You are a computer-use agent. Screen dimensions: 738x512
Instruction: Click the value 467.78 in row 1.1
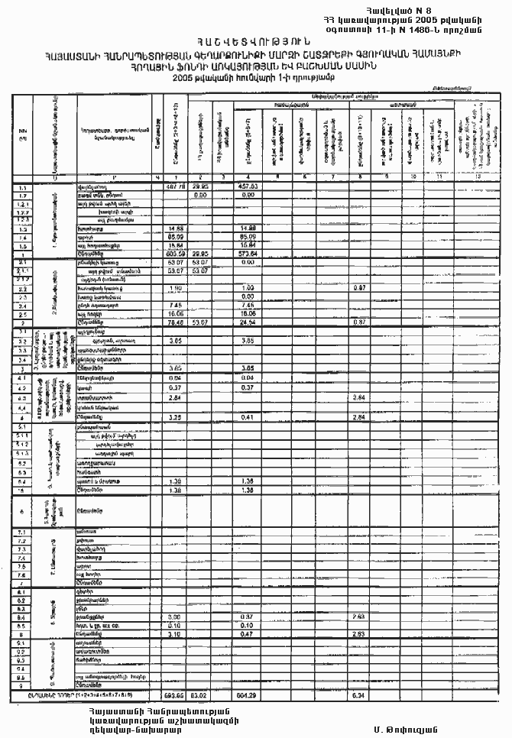point(177,186)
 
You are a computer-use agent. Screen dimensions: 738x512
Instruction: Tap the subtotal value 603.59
point(177,254)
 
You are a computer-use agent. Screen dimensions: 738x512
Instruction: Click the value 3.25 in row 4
point(174,418)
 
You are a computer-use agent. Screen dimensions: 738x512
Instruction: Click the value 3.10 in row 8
point(174,633)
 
